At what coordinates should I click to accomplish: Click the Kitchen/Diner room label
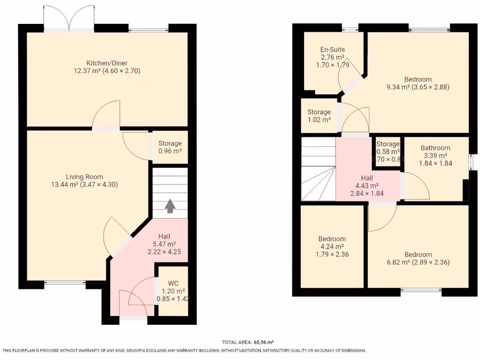[106, 63]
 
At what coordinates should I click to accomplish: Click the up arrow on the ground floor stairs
[170, 205]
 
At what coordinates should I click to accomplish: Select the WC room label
[173, 283]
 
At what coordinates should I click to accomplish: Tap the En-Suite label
[332, 49]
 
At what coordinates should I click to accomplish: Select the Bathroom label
[435, 148]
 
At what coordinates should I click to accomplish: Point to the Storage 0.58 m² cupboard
[388, 151]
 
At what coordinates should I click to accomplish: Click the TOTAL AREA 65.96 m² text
[247, 343]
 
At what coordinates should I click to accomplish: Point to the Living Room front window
[65, 283]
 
